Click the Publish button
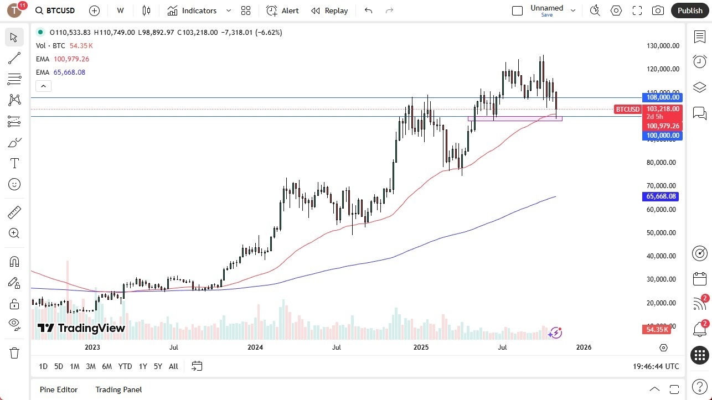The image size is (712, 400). pos(689,11)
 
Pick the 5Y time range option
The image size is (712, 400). pos(158,366)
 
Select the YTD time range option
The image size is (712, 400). pos(125,366)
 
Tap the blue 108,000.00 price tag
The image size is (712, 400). pos(662,97)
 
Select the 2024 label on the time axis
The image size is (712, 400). pos(255,347)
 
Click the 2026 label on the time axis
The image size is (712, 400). pos(584,347)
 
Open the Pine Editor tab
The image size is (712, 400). pos(59,389)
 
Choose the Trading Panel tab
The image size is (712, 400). pos(118,389)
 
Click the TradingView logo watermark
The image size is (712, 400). pos(81,328)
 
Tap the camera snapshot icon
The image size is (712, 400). pos(658,11)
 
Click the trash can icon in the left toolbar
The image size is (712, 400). pos(14,353)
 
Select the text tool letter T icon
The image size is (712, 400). pos(14,163)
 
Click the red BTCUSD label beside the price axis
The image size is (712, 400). pos(628,109)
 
